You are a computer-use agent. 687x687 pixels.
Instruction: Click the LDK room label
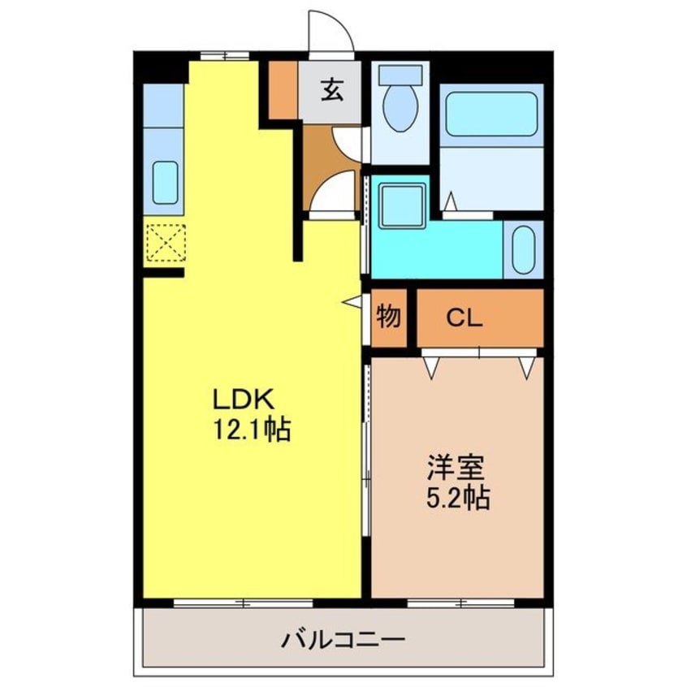click(x=245, y=400)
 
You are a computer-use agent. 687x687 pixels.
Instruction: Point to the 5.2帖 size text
click(x=457, y=497)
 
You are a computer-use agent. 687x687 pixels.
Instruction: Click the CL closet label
click(x=464, y=318)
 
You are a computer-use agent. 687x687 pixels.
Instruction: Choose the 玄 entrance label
click(x=331, y=89)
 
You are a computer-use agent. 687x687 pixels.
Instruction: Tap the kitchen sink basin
click(x=165, y=183)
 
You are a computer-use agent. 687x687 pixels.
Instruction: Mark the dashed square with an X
click(x=165, y=243)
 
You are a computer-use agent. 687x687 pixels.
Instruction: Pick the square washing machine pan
click(x=403, y=202)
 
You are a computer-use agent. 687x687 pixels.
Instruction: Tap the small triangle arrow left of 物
click(x=353, y=301)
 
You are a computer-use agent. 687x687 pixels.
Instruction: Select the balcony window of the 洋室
click(x=460, y=603)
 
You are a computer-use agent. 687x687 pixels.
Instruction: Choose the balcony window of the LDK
click(x=244, y=603)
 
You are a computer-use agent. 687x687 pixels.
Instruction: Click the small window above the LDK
click(x=225, y=55)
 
